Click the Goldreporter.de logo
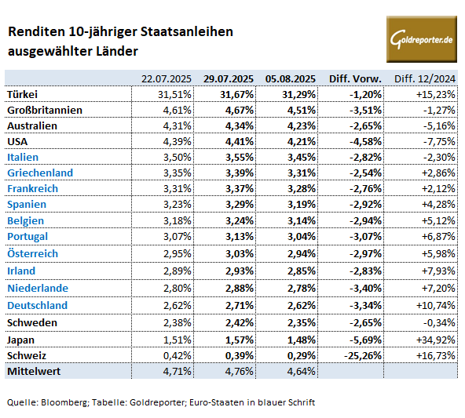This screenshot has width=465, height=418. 421,39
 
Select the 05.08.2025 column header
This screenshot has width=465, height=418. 291,79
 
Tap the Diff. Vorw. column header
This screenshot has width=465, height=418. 355,79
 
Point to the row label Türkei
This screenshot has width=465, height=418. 22,94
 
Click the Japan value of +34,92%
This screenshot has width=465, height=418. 436,340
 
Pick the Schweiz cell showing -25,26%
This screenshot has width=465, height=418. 363,355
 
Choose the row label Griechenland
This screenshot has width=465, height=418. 40,173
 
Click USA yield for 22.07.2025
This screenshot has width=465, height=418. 177,141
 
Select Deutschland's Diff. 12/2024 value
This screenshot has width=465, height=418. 436,305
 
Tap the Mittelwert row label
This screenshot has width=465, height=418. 34,371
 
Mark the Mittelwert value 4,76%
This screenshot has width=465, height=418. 240,371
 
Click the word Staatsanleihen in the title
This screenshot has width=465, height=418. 186,31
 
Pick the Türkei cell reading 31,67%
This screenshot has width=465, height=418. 236,94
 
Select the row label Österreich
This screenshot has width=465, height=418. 33,253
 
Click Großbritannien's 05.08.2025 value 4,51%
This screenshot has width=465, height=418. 302,110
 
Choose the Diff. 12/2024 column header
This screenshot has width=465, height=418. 425,79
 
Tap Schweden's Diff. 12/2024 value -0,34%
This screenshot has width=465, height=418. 439,322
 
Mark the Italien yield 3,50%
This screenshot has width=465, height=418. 177,157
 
